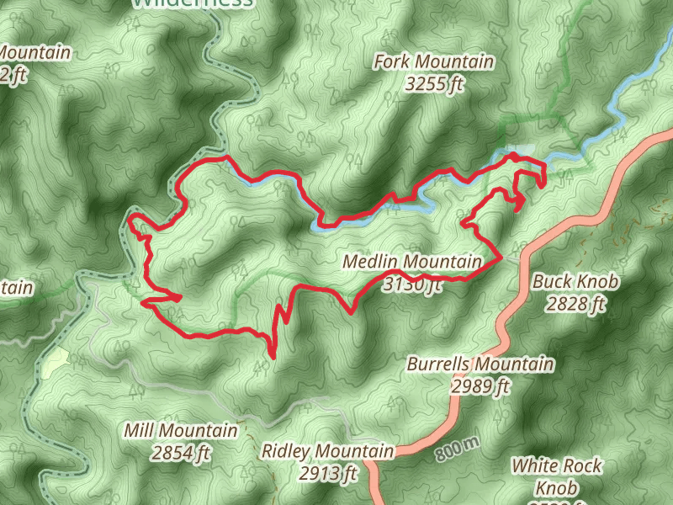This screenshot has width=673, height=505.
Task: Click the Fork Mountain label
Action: click(x=433, y=62)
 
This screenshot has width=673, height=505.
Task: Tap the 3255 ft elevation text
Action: click(x=433, y=84)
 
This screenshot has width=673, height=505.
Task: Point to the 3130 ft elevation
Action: click(x=411, y=285)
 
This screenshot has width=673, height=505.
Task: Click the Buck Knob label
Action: click(x=575, y=283)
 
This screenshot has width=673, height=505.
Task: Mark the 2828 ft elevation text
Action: click(x=575, y=304)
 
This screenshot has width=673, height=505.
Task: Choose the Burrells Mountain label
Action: click(x=480, y=364)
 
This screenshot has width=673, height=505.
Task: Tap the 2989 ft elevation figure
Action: click(x=480, y=386)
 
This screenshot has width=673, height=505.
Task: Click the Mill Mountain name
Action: click(x=180, y=432)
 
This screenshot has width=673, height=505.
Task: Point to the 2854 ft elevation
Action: click(x=180, y=454)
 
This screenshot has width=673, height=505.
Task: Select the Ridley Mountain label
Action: click(x=327, y=452)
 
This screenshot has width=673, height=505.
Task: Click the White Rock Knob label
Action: click(x=556, y=476)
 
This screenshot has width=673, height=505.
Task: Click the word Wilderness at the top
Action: click(x=193, y=3)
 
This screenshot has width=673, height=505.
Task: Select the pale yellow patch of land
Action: click(x=54, y=362)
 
